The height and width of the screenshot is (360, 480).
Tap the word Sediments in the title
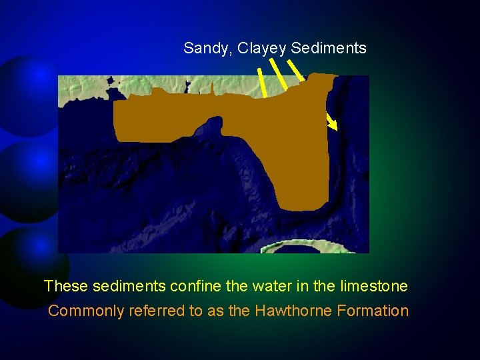point(329,49)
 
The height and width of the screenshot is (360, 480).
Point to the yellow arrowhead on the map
point(333,125)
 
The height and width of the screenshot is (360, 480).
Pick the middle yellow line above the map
point(281,74)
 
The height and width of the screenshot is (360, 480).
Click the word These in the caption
point(66,287)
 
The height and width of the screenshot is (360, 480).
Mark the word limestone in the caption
point(374,287)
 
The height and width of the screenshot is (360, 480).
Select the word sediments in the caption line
point(129,287)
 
